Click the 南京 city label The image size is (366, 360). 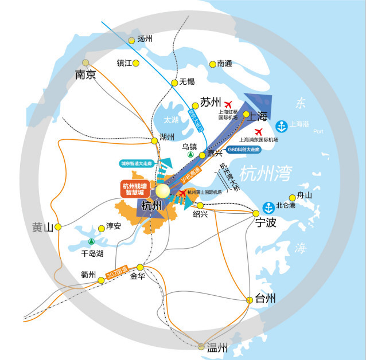85,75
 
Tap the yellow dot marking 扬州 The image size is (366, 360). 131,40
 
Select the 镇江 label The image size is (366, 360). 124,63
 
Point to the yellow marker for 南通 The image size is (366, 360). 213,64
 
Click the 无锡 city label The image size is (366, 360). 188,82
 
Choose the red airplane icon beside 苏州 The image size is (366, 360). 229,104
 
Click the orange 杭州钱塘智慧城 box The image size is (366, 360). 138,189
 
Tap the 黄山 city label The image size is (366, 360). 42,228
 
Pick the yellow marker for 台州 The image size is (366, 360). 250,299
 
